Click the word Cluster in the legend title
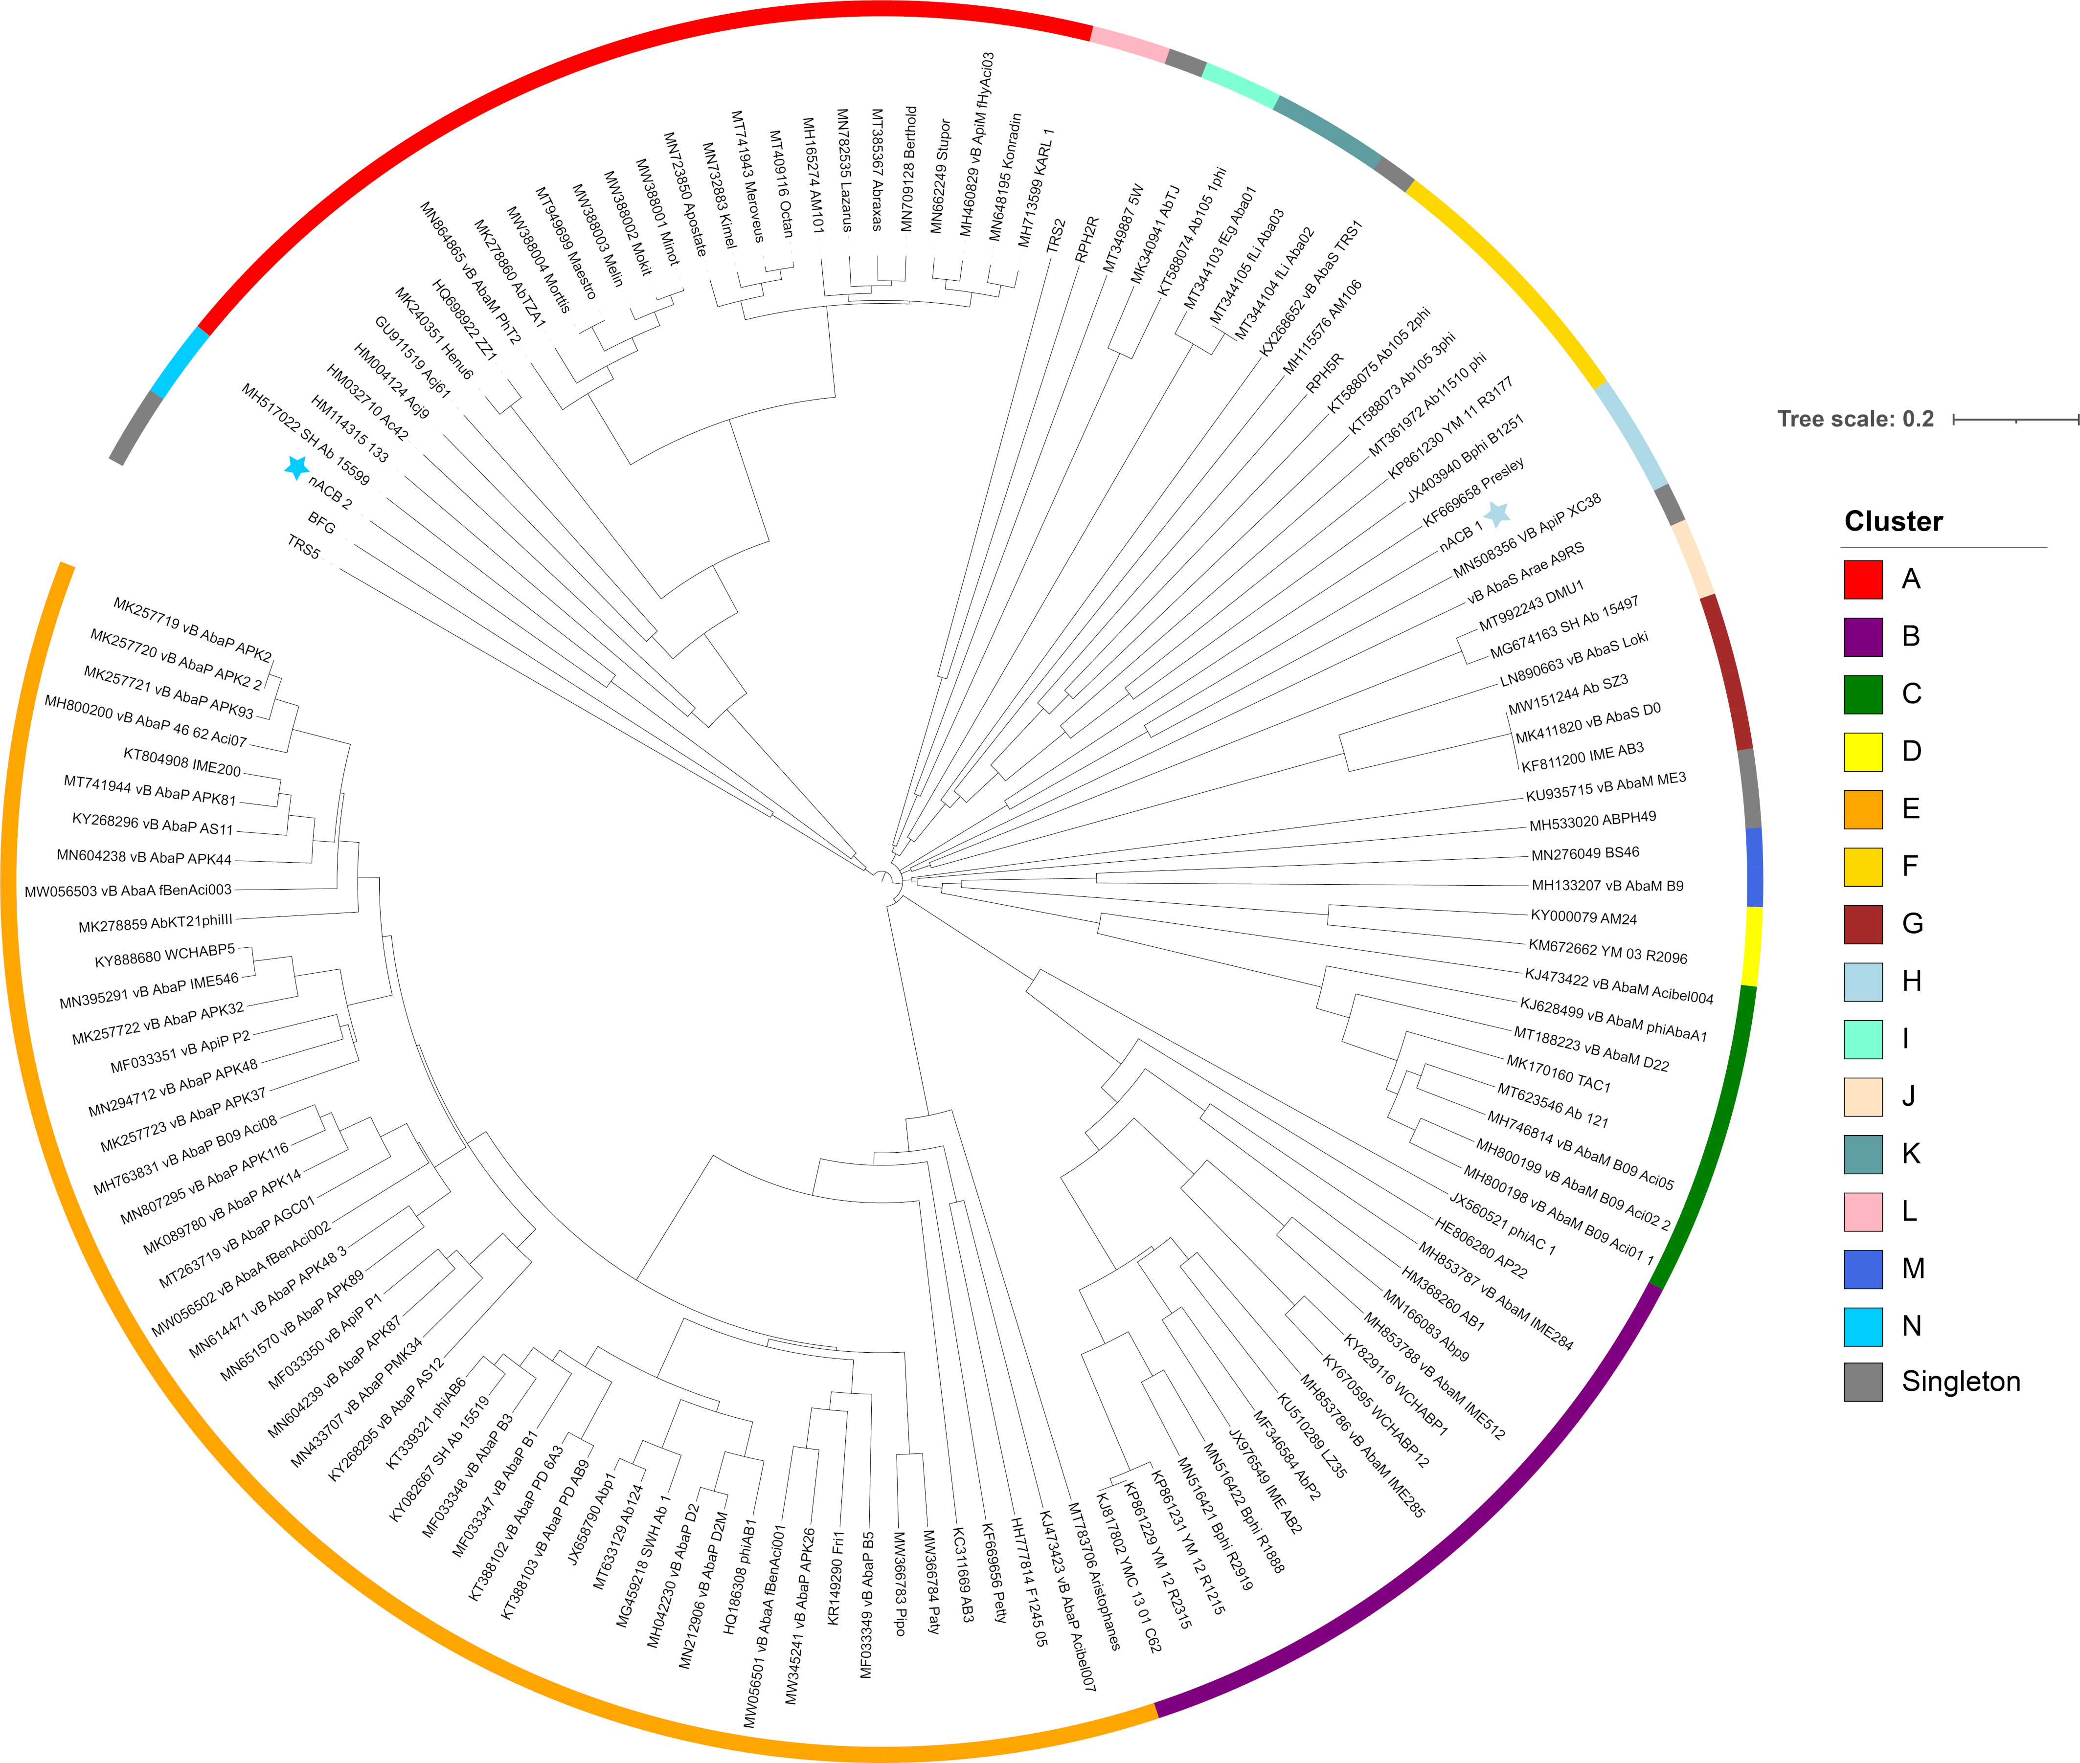click(1893, 522)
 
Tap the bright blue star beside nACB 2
click(296, 467)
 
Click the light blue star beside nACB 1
click(1496, 513)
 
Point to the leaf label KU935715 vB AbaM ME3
click(1605, 786)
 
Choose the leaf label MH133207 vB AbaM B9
click(1607, 886)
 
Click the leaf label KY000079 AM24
click(1583, 917)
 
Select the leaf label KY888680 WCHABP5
click(165, 956)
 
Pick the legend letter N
click(1911, 1325)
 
